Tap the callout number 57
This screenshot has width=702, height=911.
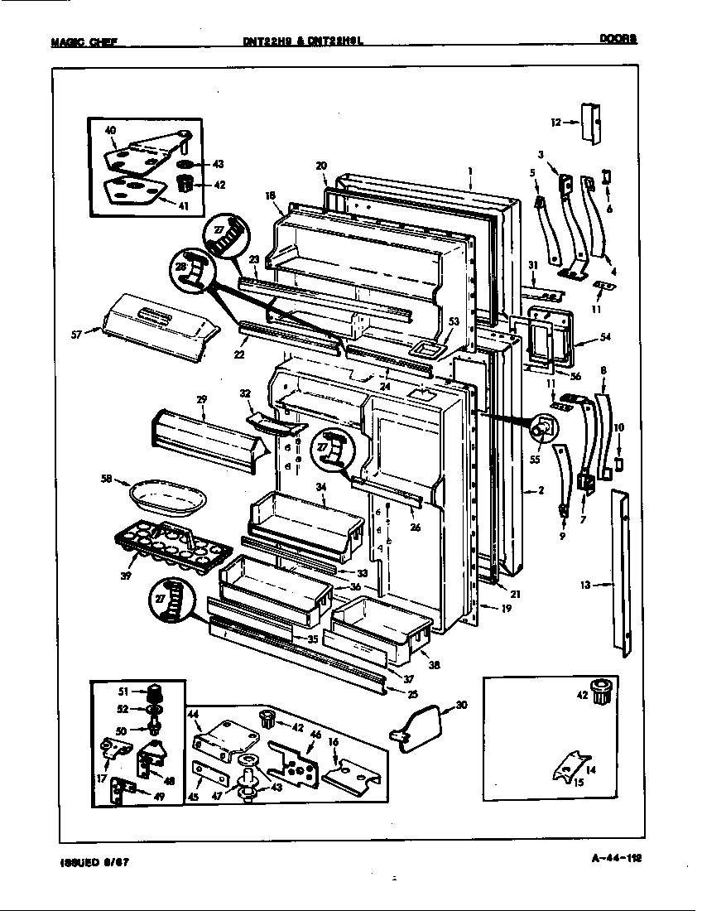tap(76, 335)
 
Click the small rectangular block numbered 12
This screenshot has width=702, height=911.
tap(590, 123)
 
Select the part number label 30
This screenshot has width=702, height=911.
tap(461, 706)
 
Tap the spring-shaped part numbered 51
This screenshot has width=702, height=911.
tap(153, 692)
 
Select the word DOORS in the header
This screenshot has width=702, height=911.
tap(619, 37)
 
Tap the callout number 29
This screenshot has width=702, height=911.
tap(201, 399)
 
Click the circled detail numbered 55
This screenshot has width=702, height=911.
tap(545, 428)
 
